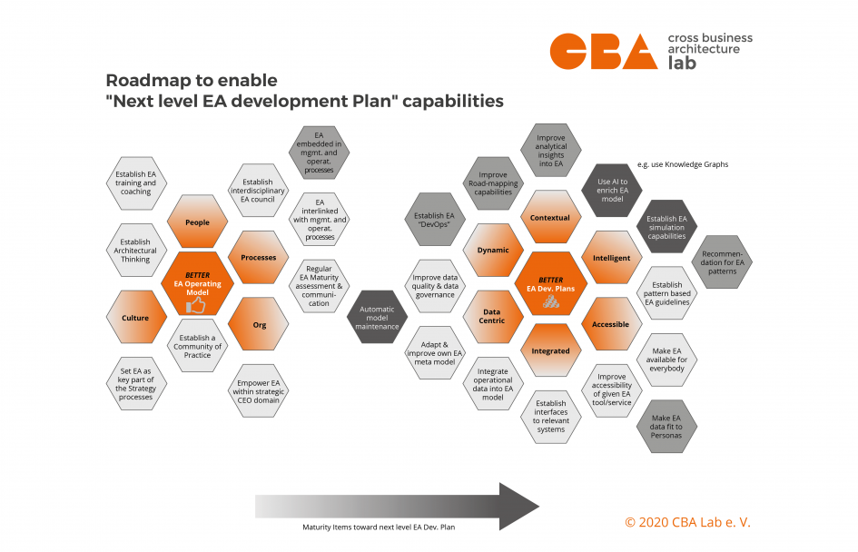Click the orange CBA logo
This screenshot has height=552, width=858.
tap(603, 52)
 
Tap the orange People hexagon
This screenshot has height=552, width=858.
tap(197, 222)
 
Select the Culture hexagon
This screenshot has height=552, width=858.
tap(135, 318)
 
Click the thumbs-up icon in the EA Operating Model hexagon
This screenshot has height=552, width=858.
tap(196, 306)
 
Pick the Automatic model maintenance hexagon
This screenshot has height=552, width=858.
tap(377, 316)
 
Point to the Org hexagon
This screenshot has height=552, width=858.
tap(259, 324)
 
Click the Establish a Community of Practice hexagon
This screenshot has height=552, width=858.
tap(197, 346)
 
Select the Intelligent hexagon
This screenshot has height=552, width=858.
tap(611, 258)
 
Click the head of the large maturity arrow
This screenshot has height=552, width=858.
tap(518, 506)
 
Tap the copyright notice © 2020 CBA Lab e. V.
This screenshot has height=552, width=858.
tap(687, 522)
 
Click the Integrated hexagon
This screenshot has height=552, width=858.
tap(551, 350)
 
